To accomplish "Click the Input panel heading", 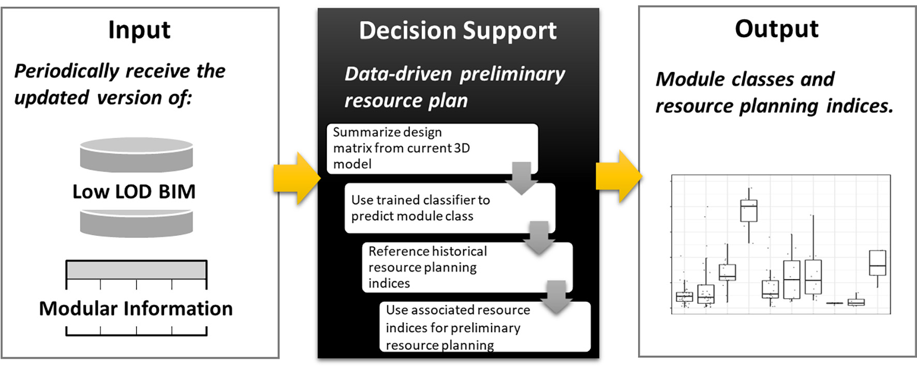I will (139, 30).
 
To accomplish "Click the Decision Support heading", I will (458, 31).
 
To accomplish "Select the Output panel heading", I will (777, 29).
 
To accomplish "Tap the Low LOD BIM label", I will (134, 192).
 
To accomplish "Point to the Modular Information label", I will (136, 309).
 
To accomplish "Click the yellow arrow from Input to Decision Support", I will (296, 178).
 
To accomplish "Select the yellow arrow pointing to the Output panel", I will (619, 176).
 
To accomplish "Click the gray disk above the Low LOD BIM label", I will (136, 155).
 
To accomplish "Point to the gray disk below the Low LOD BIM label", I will (136, 223).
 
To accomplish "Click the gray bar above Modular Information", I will (136, 270).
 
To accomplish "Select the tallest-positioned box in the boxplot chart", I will (749, 211).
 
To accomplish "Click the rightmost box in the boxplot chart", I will (877, 263).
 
